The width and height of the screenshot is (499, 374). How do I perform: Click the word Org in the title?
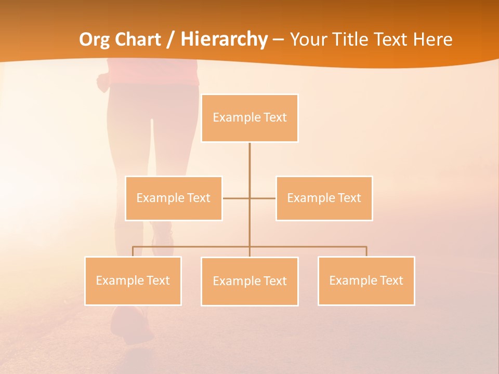pyautogui.click(x=93, y=39)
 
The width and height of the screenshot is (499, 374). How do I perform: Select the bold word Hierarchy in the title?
pyautogui.click(x=224, y=39)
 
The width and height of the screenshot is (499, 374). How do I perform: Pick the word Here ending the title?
pyautogui.click(x=432, y=39)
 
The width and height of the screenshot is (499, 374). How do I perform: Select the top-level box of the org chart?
pyautogui.click(x=249, y=118)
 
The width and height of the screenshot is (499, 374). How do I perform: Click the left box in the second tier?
pyautogui.click(x=174, y=198)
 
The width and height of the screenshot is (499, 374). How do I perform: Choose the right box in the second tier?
pyautogui.click(x=324, y=198)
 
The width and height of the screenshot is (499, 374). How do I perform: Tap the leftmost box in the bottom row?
pyautogui.click(x=133, y=281)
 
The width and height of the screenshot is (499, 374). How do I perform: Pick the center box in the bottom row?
pyautogui.click(x=249, y=282)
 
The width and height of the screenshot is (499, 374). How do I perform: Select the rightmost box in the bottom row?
pyautogui.click(x=366, y=281)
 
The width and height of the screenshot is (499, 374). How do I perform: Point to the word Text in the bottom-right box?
pyautogui.click(x=391, y=281)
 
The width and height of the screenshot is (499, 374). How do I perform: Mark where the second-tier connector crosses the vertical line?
pyautogui.click(x=249, y=198)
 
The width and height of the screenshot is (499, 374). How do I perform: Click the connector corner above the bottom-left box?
pyautogui.click(x=133, y=247)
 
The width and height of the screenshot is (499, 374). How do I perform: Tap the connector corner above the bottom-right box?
pyautogui.click(x=366, y=247)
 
